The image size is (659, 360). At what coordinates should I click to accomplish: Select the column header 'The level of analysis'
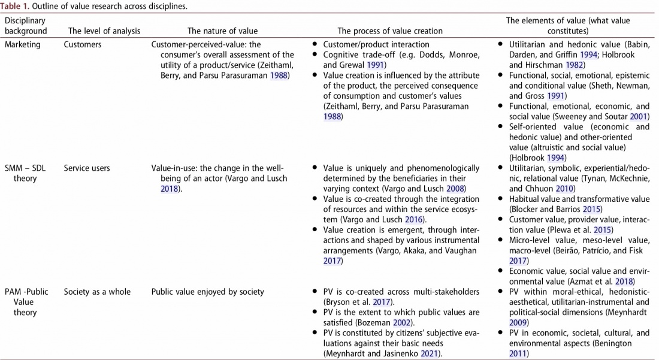104,31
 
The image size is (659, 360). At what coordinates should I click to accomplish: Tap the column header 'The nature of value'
222,31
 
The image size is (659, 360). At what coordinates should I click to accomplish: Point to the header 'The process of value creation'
390,31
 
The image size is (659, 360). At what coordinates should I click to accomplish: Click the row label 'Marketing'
22,44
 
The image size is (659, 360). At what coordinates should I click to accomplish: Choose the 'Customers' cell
83,44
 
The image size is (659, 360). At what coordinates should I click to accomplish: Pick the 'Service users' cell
87,168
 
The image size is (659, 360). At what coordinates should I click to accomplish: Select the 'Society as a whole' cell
97,292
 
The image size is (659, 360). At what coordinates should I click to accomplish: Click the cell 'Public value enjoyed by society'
208,292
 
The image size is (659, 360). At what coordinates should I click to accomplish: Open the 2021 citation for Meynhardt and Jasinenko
433,354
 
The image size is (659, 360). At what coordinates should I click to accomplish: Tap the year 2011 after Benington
518,354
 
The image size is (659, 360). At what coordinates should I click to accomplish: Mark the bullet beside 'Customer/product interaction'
315,44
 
